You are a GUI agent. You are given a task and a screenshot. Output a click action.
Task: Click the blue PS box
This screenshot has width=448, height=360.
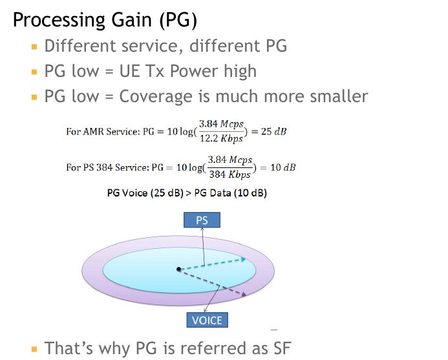[x=202, y=220]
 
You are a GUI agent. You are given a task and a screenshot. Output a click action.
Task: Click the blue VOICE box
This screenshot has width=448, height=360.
[x=207, y=320]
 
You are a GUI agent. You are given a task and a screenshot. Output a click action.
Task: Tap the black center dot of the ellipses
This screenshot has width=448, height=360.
[x=178, y=269]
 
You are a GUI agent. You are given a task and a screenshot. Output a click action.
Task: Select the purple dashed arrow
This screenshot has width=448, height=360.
[x=213, y=283]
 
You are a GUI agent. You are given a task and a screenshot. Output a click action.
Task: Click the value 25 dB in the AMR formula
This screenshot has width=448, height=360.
[x=273, y=132]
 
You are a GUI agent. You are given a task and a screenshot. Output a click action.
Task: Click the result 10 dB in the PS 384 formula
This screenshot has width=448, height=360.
[x=283, y=167]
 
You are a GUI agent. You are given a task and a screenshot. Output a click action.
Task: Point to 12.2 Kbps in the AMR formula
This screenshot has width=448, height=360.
[x=221, y=139]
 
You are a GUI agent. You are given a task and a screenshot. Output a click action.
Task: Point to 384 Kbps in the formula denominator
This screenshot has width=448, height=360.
[x=229, y=175]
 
